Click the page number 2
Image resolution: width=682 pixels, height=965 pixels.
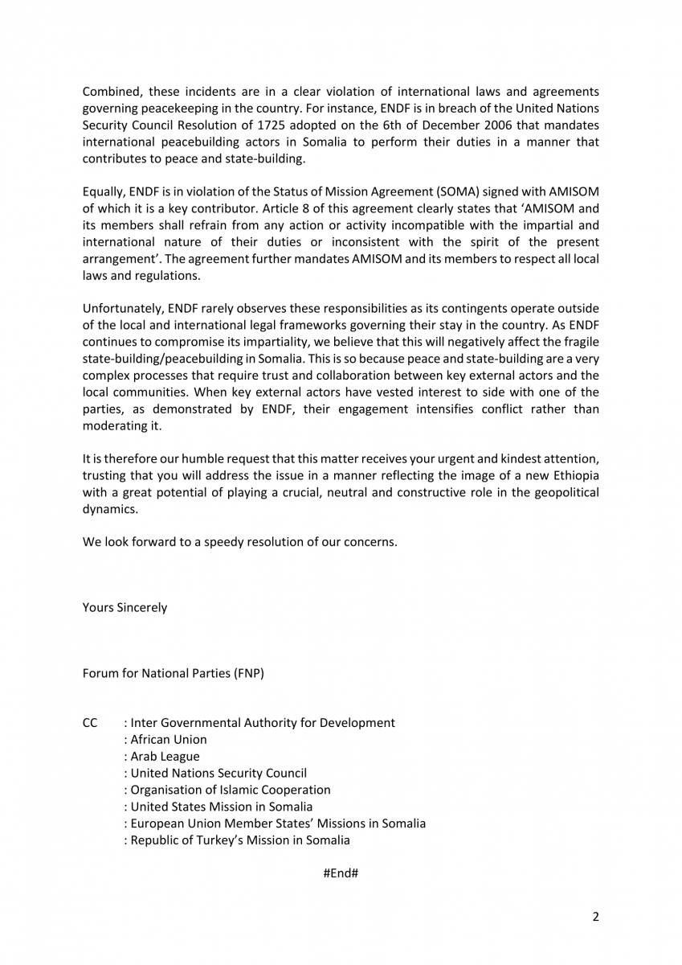tap(596, 916)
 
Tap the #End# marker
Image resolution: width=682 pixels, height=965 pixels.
tap(341, 873)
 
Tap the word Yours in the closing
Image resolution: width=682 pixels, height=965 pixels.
tap(100, 607)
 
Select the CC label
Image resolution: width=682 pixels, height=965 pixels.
tap(90, 722)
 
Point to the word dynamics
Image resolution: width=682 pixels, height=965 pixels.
tap(110, 508)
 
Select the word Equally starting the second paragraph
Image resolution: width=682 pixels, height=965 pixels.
tap(103, 192)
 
